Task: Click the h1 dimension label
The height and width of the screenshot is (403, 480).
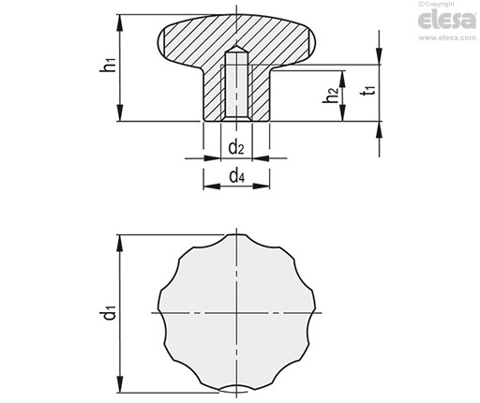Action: [x=108, y=65]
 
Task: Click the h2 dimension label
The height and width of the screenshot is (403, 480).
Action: [x=330, y=95]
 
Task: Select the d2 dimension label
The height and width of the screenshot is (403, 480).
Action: [x=236, y=147]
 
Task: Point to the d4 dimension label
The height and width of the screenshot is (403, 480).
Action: [x=236, y=176]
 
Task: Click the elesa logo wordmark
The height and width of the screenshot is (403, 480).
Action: [x=446, y=21]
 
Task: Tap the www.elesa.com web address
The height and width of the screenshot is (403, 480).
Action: [x=447, y=37]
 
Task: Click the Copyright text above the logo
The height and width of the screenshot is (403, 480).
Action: [x=436, y=4]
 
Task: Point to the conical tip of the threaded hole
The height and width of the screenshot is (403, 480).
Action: [x=237, y=49]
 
